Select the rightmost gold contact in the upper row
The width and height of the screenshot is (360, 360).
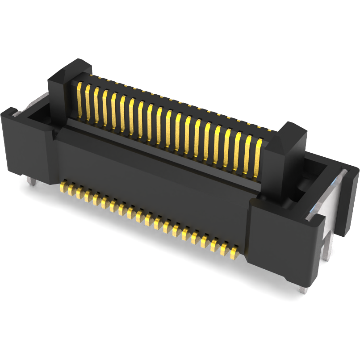click(x=258, y=154)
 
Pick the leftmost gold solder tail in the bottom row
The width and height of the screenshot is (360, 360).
click(x=64, y=186)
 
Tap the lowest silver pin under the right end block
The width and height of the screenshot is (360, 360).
click(x=304, y=289)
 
